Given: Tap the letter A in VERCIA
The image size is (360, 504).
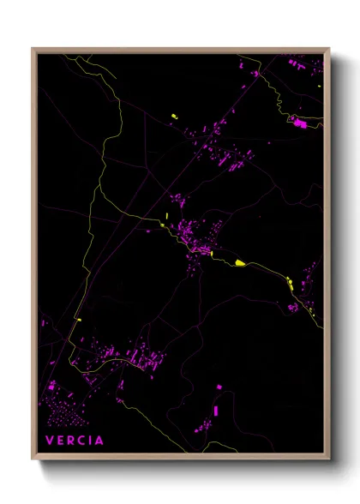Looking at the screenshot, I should pyautogui.click(x=100, y=441).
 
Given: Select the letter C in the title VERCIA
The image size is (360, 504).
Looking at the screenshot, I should pyautogui.click(x=81, y=441).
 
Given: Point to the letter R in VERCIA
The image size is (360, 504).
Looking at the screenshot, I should pyautogui.click(x=70, y=441).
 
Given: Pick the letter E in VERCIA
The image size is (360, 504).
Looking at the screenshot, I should pyautogui.click(x=59, y=441).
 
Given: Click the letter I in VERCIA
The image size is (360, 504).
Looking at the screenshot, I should pyautogui.click(x=91, y=441).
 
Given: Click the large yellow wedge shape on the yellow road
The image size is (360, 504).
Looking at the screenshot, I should pyautogui.click(x=241, y=263).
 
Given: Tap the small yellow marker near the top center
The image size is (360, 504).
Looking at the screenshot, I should pyautogui.click(x=175, y=116).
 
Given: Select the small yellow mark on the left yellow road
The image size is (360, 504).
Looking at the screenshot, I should pyautogui.click(x=78, y=320).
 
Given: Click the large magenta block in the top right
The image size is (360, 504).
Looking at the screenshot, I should pyautogui.click(x=300, y=125).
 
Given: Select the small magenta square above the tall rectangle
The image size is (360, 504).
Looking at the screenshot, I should pyautogui.click(x=218, y=388).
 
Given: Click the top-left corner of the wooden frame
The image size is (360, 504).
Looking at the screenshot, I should pyautogui.click(x=33, y=49).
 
